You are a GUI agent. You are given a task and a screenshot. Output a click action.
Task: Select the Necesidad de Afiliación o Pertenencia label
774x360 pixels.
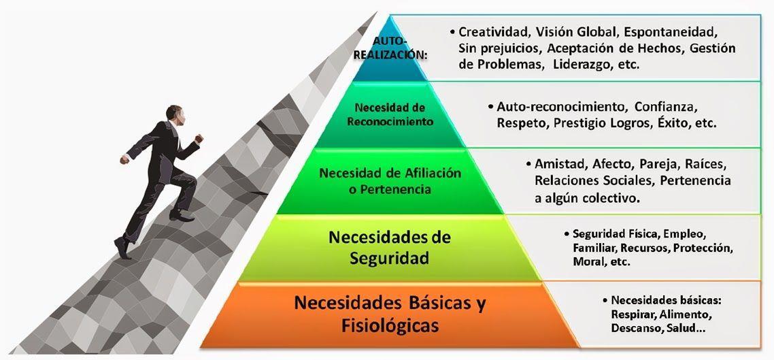pyautogui.click(x=390, y=181)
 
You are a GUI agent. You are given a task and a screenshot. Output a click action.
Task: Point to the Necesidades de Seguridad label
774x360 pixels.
pyautogui.click(x=389, y=248)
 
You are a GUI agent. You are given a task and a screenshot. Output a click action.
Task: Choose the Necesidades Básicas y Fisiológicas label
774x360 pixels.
pyautogui.click(x=390, y=314)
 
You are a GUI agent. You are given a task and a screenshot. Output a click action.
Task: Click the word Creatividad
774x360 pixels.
pyautogui.click(x=493, y=32)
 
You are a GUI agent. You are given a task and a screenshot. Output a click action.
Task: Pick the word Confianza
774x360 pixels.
pyautogui.click(x=667, y=107)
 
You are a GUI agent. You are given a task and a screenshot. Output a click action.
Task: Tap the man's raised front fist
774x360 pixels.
pyautogui.click(x=199, y=138)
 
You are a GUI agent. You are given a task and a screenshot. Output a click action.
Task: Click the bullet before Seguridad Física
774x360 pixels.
pyautogui.click(x=566, y=233)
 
